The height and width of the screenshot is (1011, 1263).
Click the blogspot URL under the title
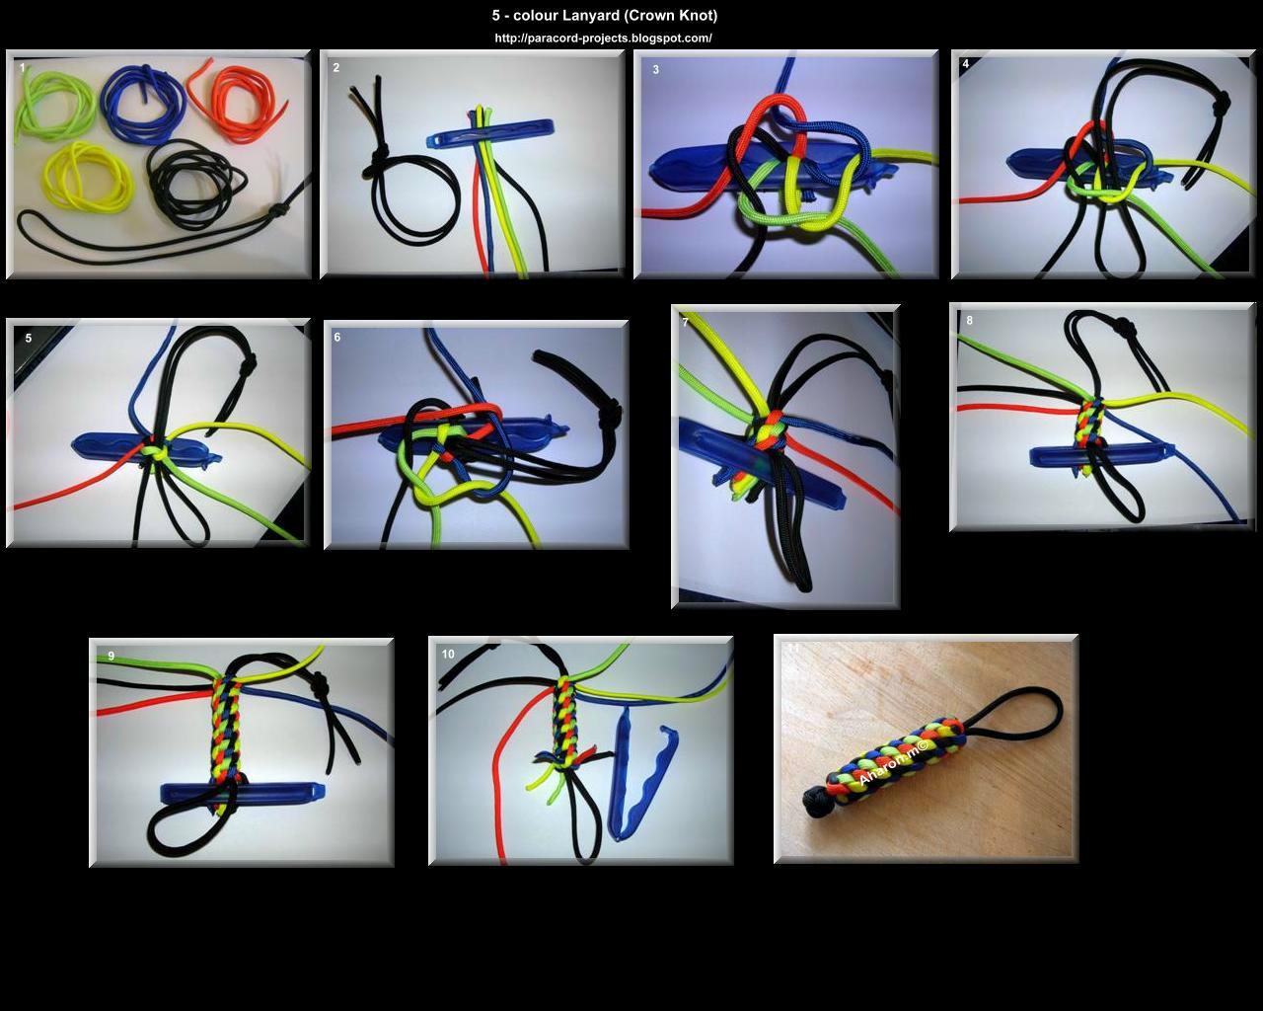tap(603, 39)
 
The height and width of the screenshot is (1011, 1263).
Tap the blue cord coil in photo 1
tap(143, 104)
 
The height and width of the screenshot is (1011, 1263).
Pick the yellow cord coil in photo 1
tap(88, 177)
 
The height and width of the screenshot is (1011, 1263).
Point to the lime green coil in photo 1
tap(53, 108)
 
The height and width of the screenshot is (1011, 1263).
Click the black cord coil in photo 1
tap(193, 184)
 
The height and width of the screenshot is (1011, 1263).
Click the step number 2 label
tap(336, 67)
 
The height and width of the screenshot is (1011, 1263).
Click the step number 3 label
tap(655, 69)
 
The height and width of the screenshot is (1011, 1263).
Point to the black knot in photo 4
tap(1222, 104)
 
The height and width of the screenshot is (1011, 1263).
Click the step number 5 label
tap(29, 338)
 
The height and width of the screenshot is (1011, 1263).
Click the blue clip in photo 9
tap(243, 792)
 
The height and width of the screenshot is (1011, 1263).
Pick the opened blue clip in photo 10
tap(642, 773)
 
